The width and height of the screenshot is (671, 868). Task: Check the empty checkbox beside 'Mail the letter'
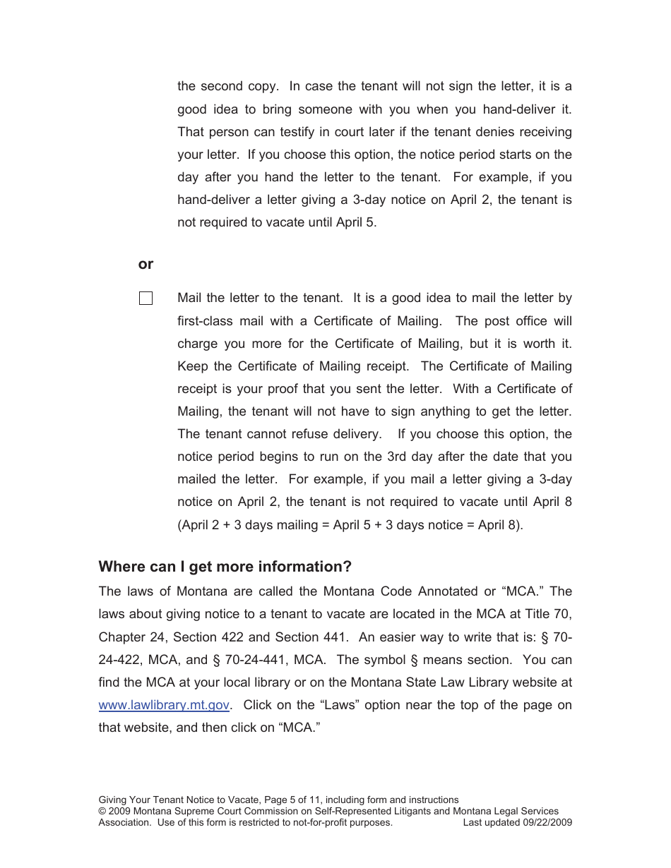[146, 299]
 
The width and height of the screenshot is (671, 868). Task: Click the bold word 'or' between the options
[146, 264]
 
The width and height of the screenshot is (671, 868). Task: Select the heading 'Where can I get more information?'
[225, 567]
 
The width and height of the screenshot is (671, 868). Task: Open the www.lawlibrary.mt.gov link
[165, 705]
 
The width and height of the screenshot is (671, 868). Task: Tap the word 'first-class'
[206, 321]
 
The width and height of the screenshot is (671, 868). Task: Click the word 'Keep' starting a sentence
[192, 366]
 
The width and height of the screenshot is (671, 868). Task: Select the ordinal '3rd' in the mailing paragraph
[400, 457]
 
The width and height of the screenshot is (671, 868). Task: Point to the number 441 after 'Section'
[334, 637]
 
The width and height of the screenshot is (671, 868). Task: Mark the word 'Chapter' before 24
[122, 637]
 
